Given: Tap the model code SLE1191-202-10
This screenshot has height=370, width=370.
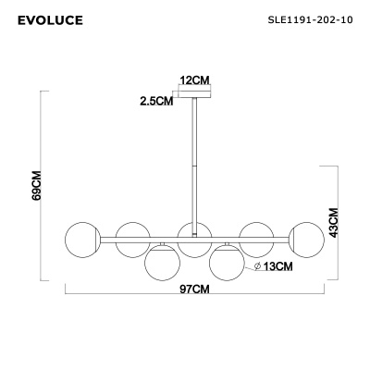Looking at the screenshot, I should pyautogui.click(x=309, y=17).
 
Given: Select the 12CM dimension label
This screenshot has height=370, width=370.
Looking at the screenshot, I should pyautogui.click(x=194, y=81).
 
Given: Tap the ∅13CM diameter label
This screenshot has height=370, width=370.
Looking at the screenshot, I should pyautogui.click(x=275, y=267).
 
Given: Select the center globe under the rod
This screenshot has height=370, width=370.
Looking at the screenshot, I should pyautogui.click(x=194, y=240).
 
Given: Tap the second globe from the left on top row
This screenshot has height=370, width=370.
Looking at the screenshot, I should pyautogui.click(x=132, y=239).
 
